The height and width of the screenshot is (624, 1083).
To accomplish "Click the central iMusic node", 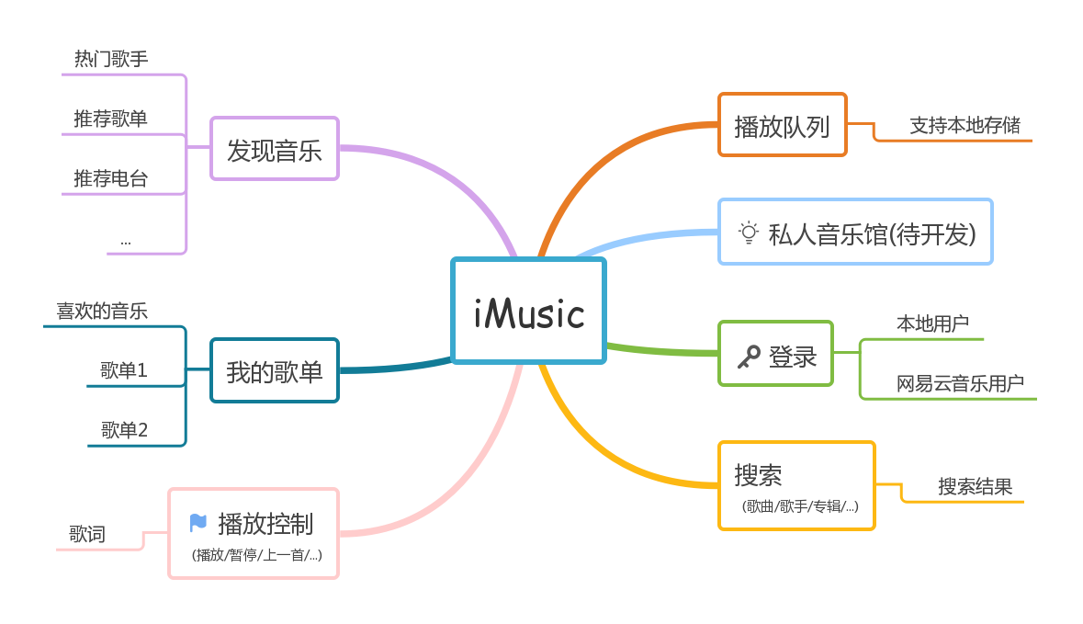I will pos(528,312).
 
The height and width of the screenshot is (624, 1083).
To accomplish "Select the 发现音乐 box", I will pos(275,149).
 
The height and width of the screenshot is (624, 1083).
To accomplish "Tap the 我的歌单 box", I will pos(275,371).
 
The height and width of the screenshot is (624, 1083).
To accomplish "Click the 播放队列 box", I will pos(782,125).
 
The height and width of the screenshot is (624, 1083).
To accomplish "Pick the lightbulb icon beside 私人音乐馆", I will pos(750,233).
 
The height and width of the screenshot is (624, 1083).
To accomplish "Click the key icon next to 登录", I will pos(749,357).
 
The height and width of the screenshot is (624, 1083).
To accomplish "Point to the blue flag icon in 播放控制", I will pos(197,523).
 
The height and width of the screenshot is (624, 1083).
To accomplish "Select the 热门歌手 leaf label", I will pos(111,59).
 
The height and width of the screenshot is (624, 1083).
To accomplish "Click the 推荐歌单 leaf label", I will pos(111,119).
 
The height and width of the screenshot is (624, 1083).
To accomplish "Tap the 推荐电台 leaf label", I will pos(111,178).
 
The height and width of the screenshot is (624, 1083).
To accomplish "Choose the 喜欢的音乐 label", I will pos(102,311).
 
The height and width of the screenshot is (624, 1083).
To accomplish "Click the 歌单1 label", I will pos(124,370).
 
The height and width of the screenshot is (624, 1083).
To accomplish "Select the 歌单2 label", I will pos(124,429).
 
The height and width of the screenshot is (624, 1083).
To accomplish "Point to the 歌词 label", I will pos(87,534).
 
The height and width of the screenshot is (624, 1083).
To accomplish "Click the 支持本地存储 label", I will pos(965,125).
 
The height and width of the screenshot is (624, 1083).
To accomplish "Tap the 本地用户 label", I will pos(932,323).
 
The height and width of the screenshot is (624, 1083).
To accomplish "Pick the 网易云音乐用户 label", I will pos(960,383).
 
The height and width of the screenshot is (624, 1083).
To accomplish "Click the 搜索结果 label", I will pos(975,486).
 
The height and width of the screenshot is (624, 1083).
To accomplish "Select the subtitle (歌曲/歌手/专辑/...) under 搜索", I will pos(799,506).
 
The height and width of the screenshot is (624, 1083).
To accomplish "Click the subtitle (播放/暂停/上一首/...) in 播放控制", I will pos(256,555).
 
